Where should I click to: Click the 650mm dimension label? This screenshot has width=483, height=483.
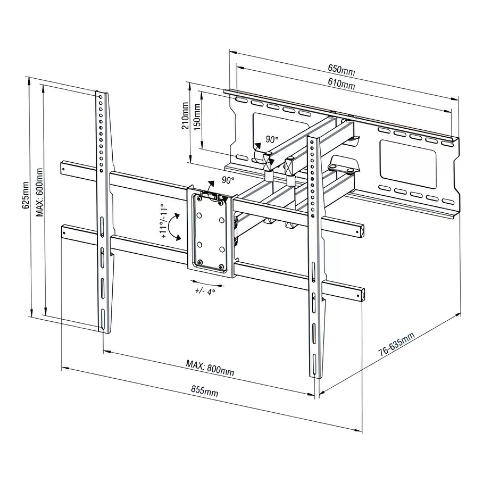coord(341,69)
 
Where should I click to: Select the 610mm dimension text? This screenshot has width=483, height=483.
coord(341,84)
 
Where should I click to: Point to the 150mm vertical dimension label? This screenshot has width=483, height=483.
coord(197,113)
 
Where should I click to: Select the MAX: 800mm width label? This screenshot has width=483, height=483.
coord(210,368)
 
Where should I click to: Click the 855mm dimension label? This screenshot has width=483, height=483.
coord(205,392)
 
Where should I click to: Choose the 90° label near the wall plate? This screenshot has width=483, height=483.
coord(272,140)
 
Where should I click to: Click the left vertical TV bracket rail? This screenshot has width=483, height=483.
coord(103,213)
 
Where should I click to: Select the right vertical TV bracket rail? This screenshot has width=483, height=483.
coord(314,255)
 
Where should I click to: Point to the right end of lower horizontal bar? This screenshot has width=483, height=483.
coord(361,295)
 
